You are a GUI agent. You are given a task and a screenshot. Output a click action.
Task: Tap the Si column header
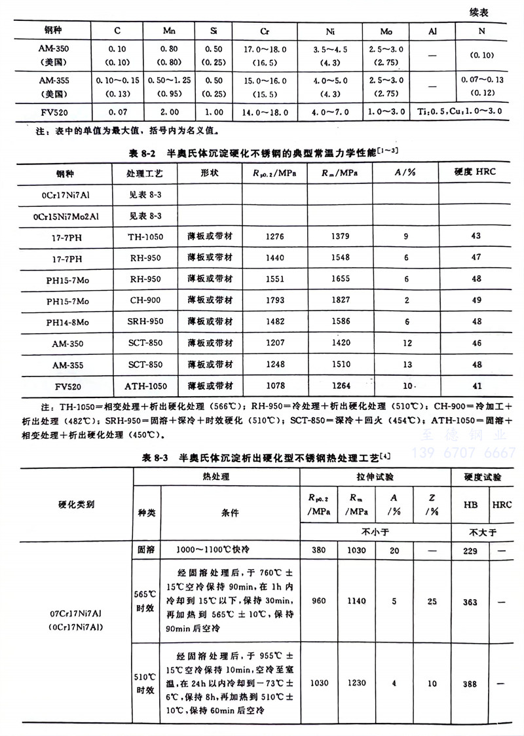coord(215,31)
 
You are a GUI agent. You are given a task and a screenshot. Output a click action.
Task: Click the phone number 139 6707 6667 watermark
coord(463,452)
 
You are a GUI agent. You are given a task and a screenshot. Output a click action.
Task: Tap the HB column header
coord(470,505)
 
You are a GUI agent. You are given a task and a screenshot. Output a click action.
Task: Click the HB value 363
coord(470,602)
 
